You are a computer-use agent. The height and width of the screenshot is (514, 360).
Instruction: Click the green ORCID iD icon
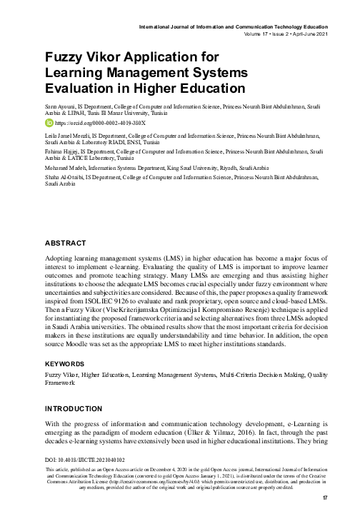coord(49,122)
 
